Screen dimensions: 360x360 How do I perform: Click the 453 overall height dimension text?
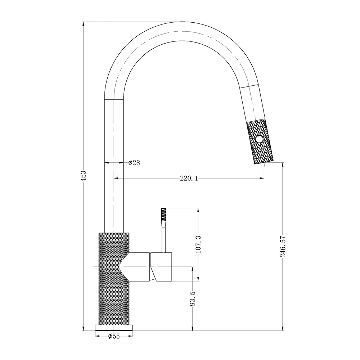pos(83,175)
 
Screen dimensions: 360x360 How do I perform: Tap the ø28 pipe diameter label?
pos(134,163)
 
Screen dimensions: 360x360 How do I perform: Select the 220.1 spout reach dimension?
pos(189,178)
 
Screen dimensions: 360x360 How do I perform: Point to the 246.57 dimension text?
pos(283,246)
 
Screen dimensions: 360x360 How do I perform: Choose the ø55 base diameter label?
pos(113,336)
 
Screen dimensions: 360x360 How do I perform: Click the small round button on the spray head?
pos(258,139)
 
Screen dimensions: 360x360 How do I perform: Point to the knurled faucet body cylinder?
pos(113,295)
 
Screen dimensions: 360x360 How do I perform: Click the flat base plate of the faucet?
pos(113,327)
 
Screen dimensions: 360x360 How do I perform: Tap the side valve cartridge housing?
pos(162,266)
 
